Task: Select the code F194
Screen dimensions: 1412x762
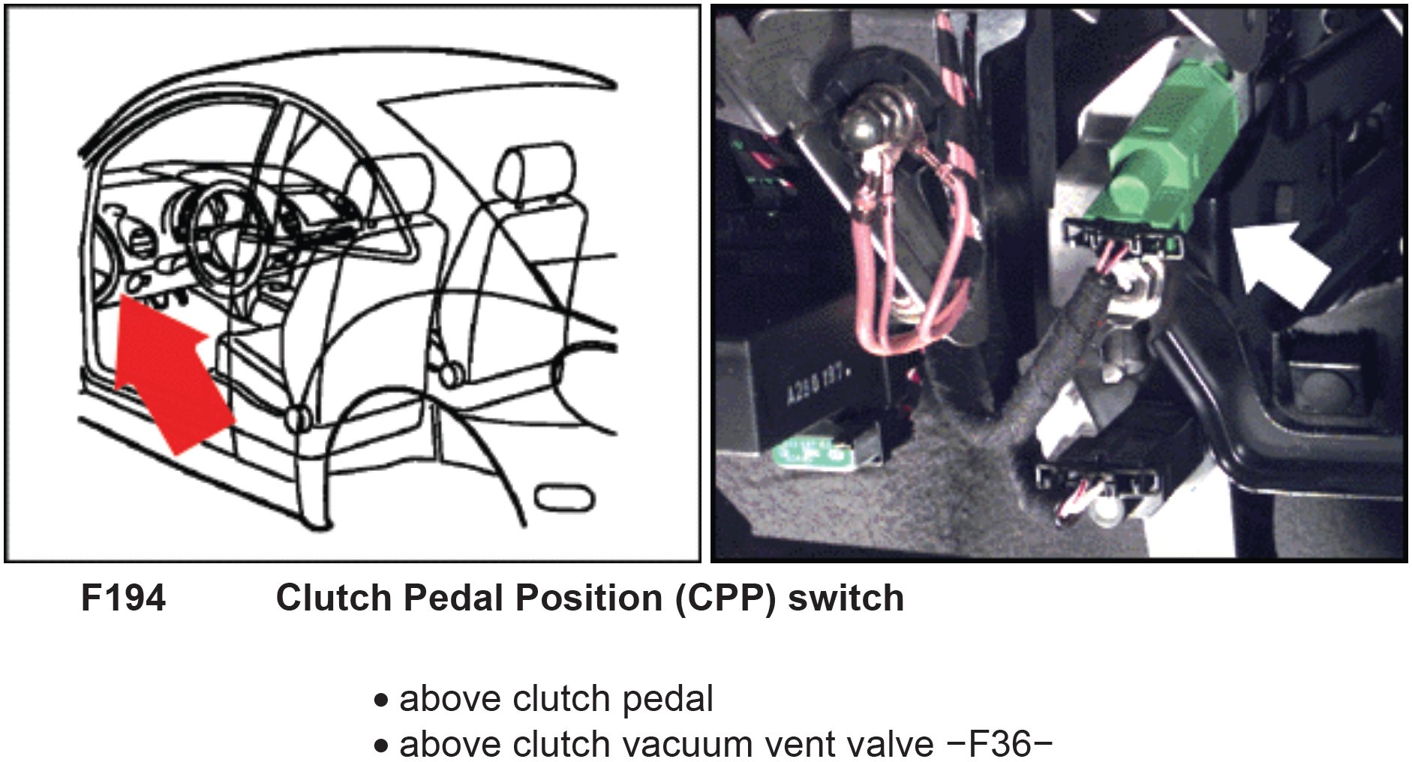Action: click(123, 598)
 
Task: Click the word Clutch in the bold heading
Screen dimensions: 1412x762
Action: click(333, 598)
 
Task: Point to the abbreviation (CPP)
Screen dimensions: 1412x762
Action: click(725, 598)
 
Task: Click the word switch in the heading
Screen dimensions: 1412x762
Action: click(846, 598)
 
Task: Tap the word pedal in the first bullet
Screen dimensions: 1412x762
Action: click(668, 699)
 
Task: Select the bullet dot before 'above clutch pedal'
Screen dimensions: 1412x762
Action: click(382, 700)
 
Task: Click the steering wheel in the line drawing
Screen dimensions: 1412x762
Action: click(225, 240)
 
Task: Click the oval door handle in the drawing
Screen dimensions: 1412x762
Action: click(565, 497)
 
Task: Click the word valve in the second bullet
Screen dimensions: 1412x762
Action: click(894, 744)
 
